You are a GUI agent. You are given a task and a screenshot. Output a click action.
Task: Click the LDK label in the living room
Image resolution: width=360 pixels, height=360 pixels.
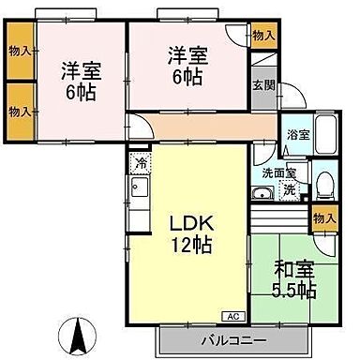[x=192, y=225]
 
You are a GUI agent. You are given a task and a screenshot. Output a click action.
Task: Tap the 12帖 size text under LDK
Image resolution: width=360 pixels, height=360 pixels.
[x=192, y=246]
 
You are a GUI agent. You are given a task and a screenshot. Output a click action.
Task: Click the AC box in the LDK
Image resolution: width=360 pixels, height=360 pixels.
[x=230, y=316]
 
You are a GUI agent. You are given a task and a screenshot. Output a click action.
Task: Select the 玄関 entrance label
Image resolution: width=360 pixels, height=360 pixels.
[x=263, y=86]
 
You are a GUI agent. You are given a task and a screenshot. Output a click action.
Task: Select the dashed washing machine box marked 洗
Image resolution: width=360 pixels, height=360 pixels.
[x=290, y=188]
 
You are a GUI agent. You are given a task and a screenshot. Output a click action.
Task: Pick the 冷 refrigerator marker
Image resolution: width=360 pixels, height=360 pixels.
[x=140, y=162]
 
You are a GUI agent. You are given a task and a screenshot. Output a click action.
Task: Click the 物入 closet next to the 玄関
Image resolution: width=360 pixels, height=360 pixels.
[x=263, y=35]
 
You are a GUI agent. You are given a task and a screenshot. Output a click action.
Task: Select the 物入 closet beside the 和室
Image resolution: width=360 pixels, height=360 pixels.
[x=324, y=217]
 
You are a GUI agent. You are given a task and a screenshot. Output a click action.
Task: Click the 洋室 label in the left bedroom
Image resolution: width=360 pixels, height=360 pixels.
[x=82, y=69]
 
